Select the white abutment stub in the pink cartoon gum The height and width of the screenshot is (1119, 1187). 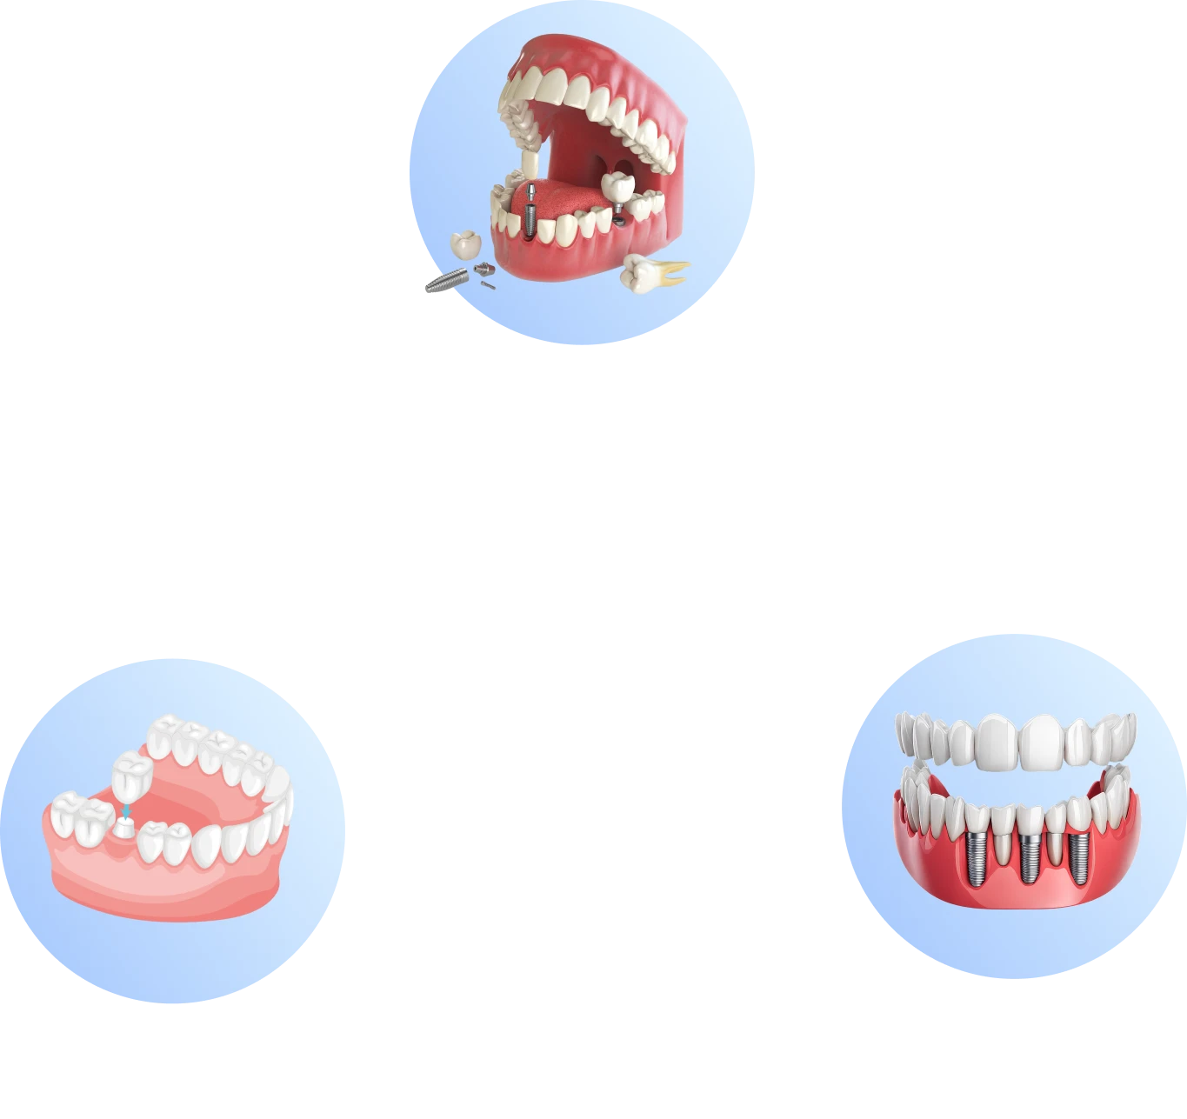click(124, 829)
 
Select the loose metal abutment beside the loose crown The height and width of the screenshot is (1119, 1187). click(483, 269)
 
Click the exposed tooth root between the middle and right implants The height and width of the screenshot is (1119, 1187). click(1055, 849)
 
